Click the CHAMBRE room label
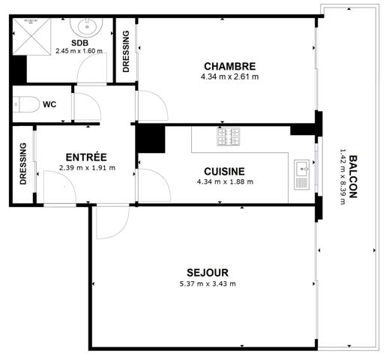click(x=229, y=66)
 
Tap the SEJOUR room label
click(x=208, y=272)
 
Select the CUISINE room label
click(x=225, y=171)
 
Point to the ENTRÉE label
click(x=86, y=157)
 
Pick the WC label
click(x=50, y=104)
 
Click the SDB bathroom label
click(x=78, y=42)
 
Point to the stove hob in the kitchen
click(x=229, y=137)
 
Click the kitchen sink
click(x=302, y=174)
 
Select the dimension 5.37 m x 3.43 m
click(x=208, y=283)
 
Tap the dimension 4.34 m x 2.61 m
click(x=229, y=76)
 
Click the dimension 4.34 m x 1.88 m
click(x=225, y=181)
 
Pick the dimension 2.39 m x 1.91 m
click(x=86, y=168)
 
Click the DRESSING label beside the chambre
click(x=125, y=51)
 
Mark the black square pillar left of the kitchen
click(x=151, y=139)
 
